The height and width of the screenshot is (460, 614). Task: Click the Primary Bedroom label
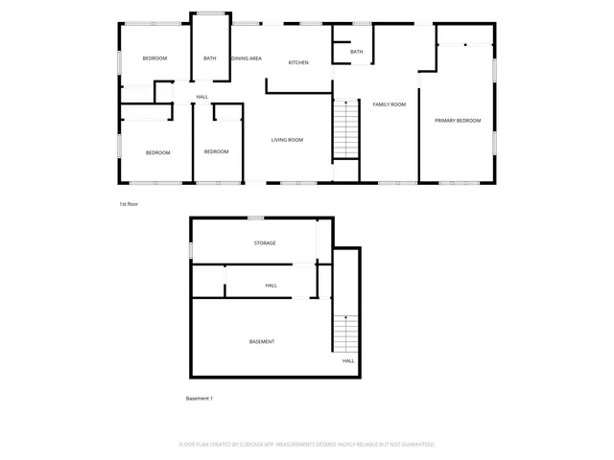(458, 120)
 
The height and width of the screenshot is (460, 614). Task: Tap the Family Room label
(390, 103)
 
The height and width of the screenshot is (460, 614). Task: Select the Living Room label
(287, 140)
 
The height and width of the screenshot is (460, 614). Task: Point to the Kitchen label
(298, 62)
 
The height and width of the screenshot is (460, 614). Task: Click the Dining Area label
(247, 58)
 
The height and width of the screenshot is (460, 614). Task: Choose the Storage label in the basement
(265, 242)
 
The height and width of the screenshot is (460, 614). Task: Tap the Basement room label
(262, 341)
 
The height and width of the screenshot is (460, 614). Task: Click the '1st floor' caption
(130, 204)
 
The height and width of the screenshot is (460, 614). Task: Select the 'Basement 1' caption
(199, 398)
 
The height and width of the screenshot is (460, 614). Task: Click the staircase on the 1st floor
(345, 130)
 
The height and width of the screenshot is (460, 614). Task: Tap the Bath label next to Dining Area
(210, 58)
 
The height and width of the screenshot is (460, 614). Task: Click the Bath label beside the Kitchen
(357, 52)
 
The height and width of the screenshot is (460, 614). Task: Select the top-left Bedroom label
(154, 58)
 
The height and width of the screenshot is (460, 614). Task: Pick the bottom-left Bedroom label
(157, 152)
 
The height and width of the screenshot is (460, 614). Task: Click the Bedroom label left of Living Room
(216, 151)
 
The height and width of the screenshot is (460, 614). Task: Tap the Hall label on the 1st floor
(201, 97)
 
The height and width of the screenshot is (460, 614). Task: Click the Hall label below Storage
(272, 285)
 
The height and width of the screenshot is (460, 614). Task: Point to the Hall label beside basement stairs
(348, 360)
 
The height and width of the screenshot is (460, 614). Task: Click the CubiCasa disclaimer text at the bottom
(307, 445)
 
